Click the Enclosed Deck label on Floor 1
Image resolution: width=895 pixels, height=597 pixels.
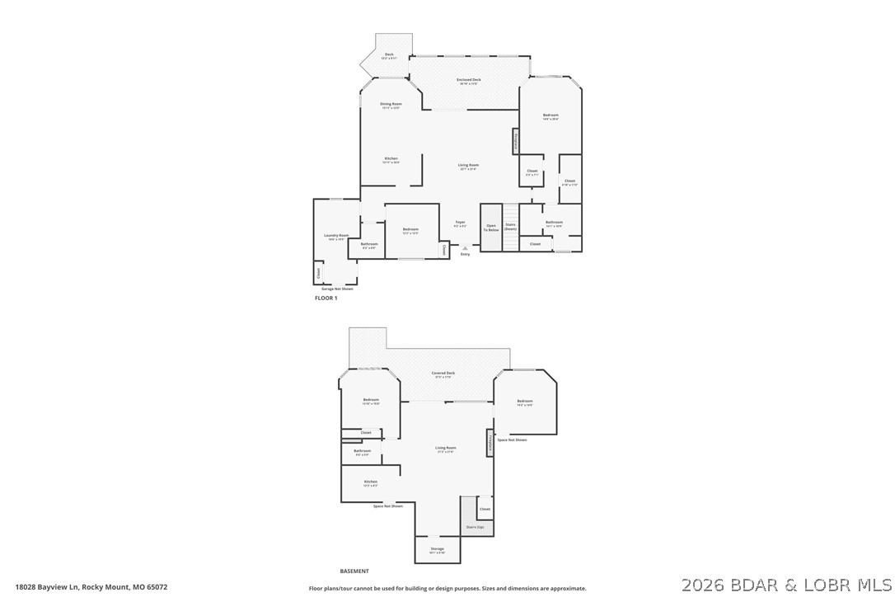(x=469, y=80)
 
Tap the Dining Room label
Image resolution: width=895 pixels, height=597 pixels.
(x=391, y=105)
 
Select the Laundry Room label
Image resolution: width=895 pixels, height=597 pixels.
(x=338, y=236)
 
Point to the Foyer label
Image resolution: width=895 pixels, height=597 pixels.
(x=461, y=222)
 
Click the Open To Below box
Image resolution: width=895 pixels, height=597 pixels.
(x=491, y=227)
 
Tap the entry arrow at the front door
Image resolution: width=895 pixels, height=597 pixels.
(x=465, y=247)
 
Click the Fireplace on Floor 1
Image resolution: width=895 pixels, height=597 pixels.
(x=516, y=141)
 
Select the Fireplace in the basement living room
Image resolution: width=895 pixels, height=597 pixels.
(x=490, y=443)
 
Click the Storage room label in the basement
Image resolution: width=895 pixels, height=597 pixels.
(x=437, y=549)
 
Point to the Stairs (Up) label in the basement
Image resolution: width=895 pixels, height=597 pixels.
(x=475, y=526)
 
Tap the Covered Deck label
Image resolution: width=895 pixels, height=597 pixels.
(x=443, y=374)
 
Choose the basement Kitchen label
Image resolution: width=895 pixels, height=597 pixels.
(x=371, y=482)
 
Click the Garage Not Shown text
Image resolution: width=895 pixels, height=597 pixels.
(x=336, y=289)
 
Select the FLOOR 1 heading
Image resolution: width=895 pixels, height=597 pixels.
(x=326, y=298)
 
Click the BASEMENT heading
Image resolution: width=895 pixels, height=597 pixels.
(x=354, y=571)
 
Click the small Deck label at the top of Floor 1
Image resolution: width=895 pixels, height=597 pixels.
(x=389, y=55)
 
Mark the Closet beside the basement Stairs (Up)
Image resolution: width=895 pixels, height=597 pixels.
(x=485, y=509)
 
